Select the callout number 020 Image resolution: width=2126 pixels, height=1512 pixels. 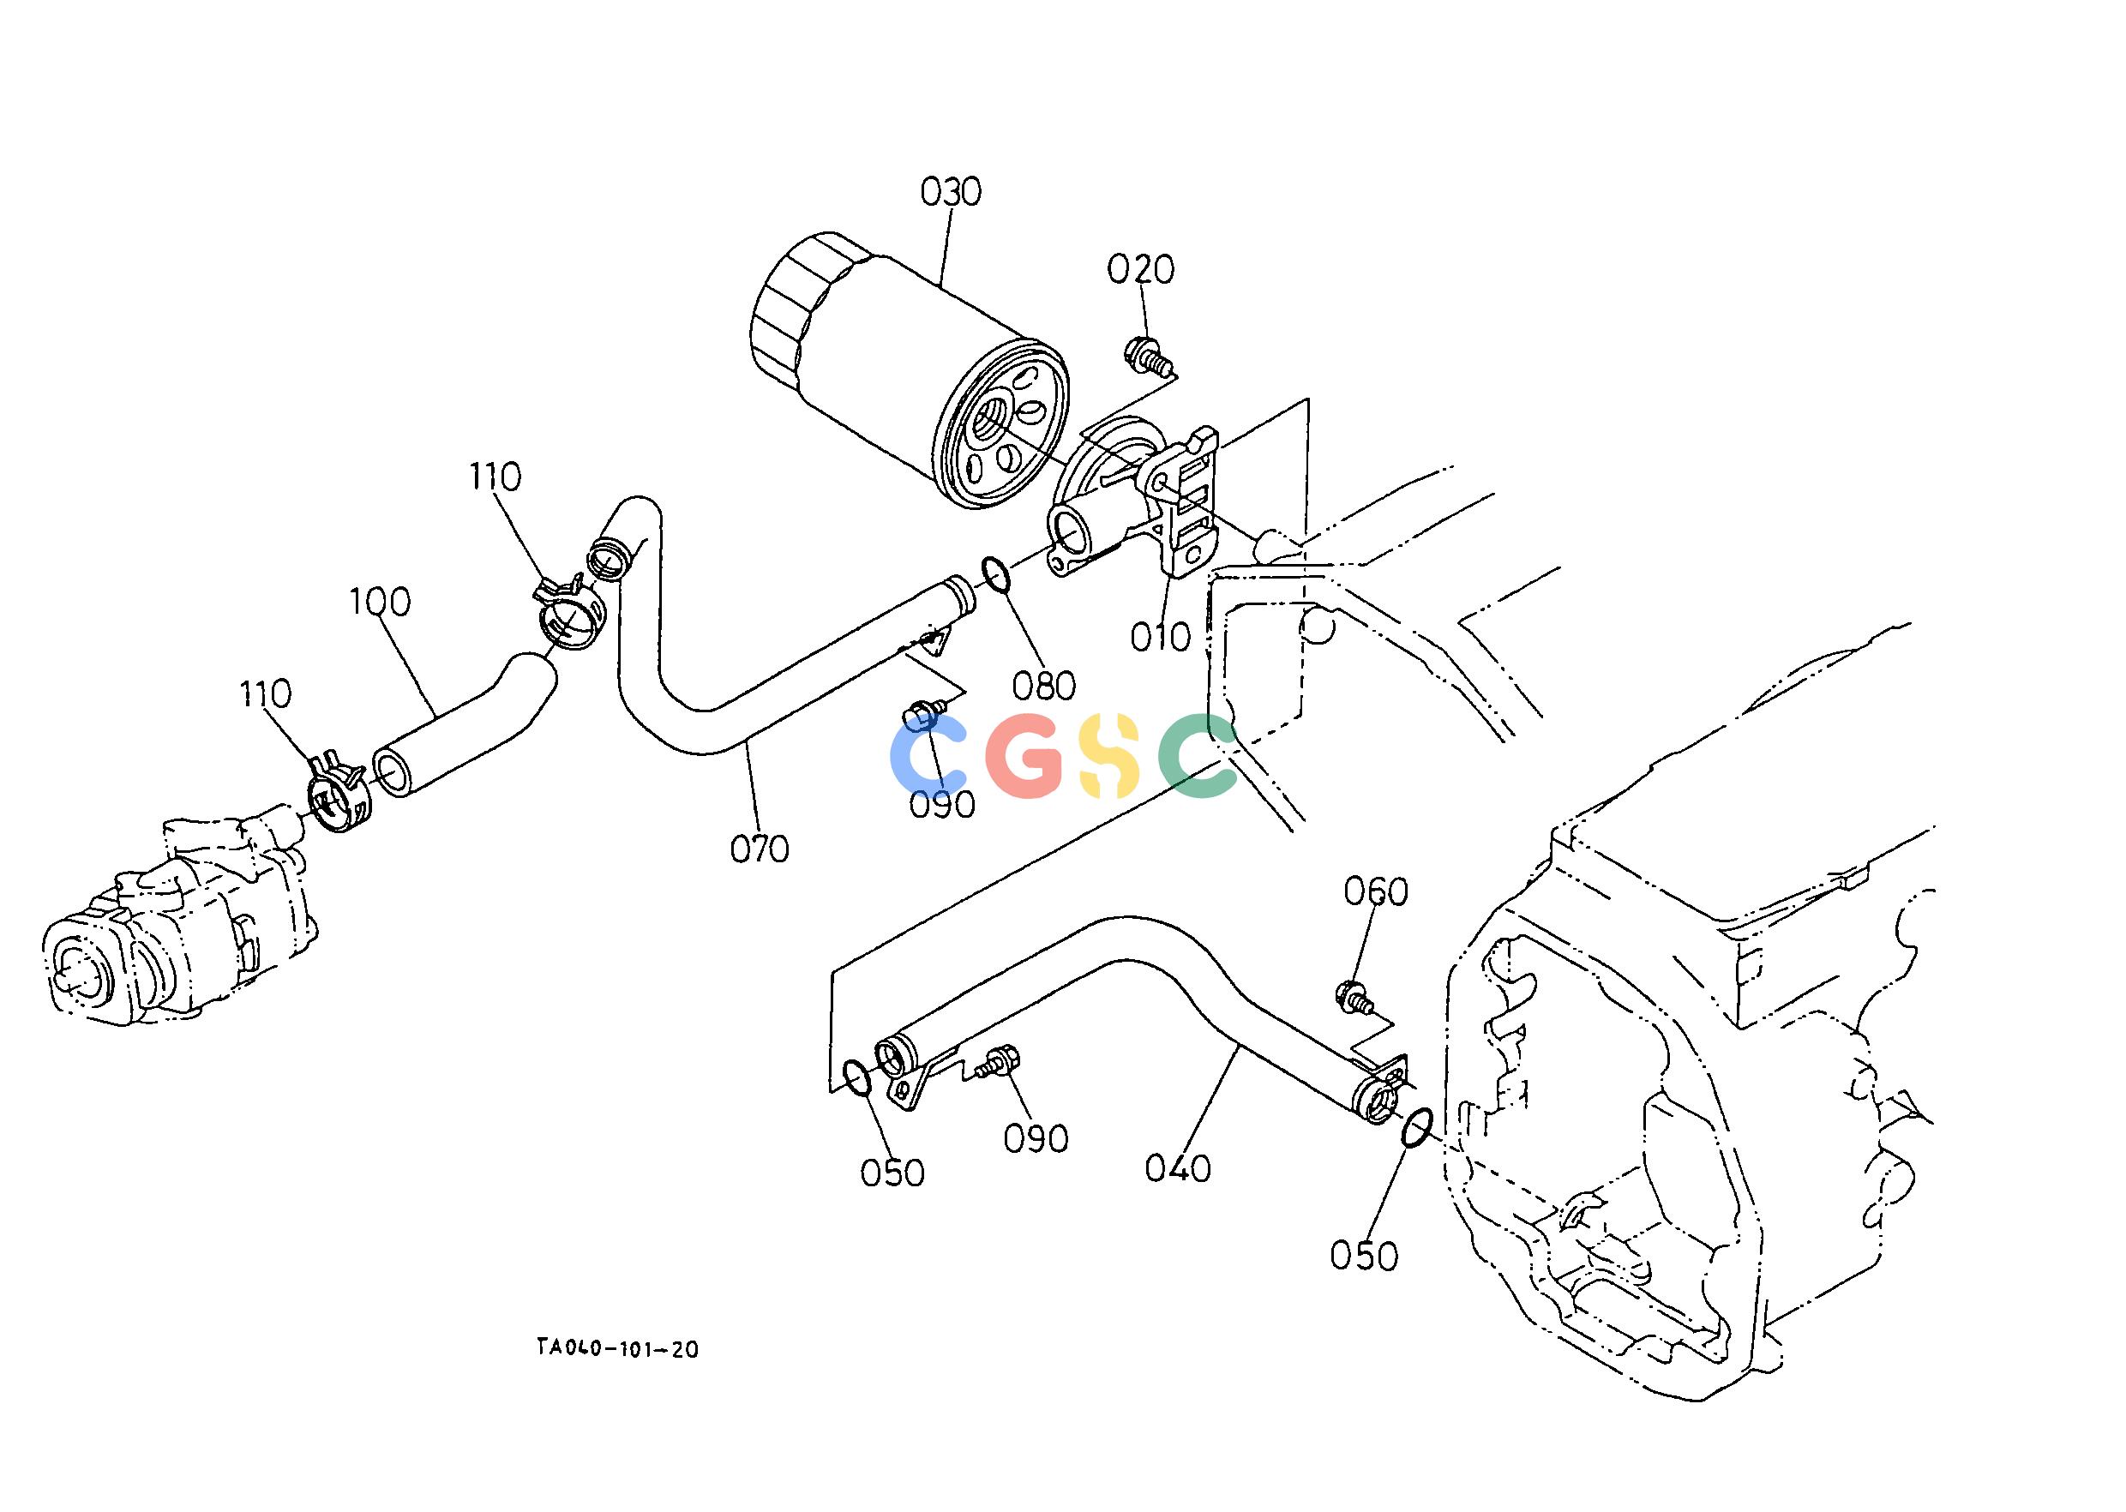[1141, 269]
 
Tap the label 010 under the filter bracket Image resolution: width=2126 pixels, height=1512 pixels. [1161, 637]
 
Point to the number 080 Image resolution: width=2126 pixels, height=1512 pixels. [1044, 687]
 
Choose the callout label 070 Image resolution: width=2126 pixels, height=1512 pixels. [759, 849]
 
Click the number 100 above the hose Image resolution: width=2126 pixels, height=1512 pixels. [380, 603]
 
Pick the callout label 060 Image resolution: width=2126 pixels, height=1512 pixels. [1375, 892]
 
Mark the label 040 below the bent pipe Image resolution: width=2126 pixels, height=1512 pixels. [1178, 1168]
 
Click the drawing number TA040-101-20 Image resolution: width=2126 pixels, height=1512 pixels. [616, 1349]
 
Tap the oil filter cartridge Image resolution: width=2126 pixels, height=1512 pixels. [909, 370]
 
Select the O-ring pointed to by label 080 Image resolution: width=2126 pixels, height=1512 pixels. [994, 574]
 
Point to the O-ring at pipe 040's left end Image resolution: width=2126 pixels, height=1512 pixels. [856, 1078]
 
